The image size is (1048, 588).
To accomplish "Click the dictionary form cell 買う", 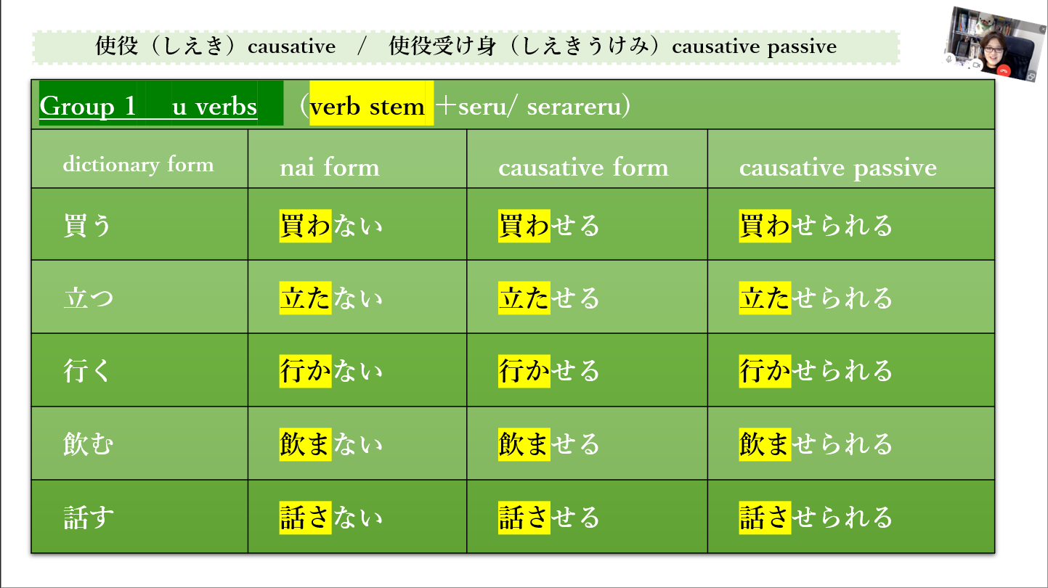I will (87, 226).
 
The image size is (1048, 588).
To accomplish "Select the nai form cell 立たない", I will (330, 298).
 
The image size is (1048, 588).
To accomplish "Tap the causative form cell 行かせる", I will (549, 371).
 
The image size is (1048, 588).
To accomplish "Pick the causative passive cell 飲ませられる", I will (816, 444).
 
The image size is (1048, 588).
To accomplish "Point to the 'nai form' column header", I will (330, 168).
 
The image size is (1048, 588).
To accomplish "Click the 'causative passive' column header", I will (838, 168).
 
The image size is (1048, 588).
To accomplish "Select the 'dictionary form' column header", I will (138, 165).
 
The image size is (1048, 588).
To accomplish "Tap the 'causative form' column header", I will (583, 168).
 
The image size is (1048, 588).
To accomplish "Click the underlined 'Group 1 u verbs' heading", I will (148, 107).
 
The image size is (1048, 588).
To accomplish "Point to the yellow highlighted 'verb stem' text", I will (367, 107).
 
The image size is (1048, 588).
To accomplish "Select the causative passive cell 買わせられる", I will (816, 226).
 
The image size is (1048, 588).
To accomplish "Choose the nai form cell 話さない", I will (330, 518).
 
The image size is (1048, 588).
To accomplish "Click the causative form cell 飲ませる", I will (549, 444).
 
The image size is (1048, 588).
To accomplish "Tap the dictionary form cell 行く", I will (87, 371).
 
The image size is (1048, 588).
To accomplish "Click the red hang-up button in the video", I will (1004, 70).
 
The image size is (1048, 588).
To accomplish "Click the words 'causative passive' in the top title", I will (755, 47).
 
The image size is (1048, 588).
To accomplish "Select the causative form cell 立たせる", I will (549, 298).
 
